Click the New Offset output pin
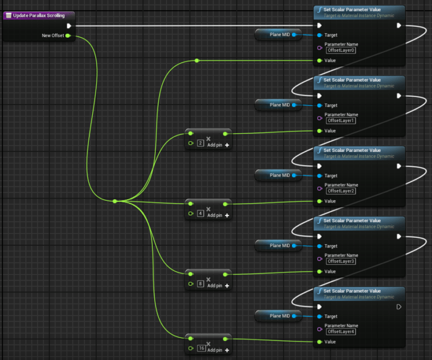(67, 35)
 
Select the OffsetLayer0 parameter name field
(341, 50)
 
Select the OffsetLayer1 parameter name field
(341, 120)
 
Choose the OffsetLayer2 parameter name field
(341, 191)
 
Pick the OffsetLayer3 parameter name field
(341, 261)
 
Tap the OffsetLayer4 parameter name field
(341, 331)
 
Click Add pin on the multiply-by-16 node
(218, 350)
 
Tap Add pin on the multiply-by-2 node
(218, 145)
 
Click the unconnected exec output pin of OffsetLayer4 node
(399, 307)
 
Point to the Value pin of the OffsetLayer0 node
(319, 60)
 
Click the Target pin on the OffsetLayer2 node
(319, 175)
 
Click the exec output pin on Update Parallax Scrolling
(69, 25)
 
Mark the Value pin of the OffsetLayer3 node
(319, 271)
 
